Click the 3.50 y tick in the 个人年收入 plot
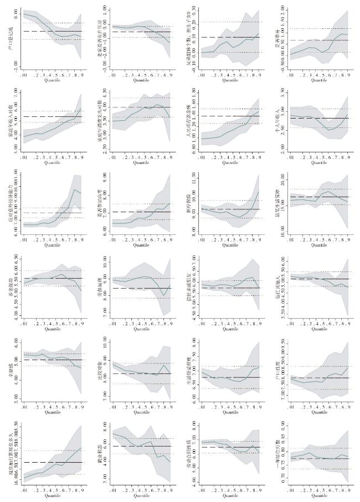(x=282, y=93)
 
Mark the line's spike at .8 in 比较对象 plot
(x=163, y=365)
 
